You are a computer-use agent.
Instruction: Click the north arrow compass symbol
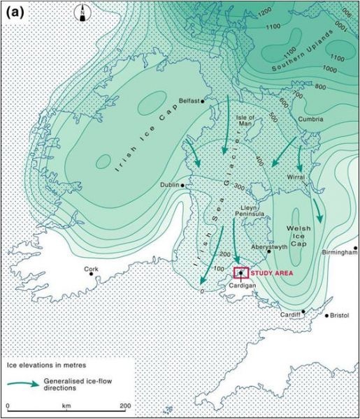82,11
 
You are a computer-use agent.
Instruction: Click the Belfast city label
186,101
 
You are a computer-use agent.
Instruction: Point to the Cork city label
91,268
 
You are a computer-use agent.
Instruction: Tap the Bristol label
340,316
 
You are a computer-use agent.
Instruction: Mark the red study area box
241,272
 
